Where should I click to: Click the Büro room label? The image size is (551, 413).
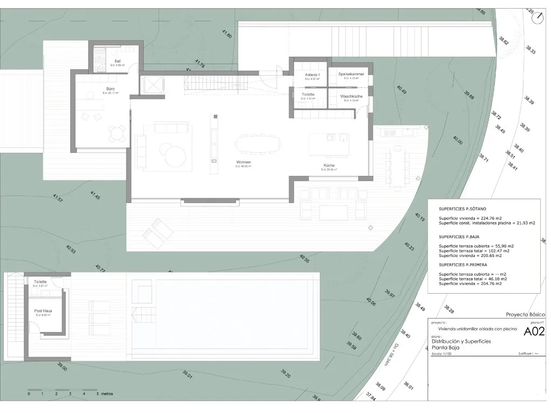(x=110, y=88)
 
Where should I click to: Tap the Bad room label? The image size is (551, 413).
(x=117, y=61)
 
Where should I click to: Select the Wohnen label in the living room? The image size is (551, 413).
(x=244, y=162)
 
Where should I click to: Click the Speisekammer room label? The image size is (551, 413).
(x=351, y=74)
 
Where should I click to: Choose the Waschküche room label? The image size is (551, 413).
(x=351, y=96)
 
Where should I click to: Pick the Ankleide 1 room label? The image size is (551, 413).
(x=313, y=75)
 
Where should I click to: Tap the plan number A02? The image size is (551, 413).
(x=533, y=332)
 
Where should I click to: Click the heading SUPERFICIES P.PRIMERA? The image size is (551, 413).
(x=466, y=265)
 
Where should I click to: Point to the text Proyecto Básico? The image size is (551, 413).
(x=523, y=314)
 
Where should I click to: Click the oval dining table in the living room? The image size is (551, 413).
(x=258, y=144)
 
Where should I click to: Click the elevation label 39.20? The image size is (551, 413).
(x=286, y=373)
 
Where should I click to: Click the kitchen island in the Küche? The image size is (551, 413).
(x=330, y=144)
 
